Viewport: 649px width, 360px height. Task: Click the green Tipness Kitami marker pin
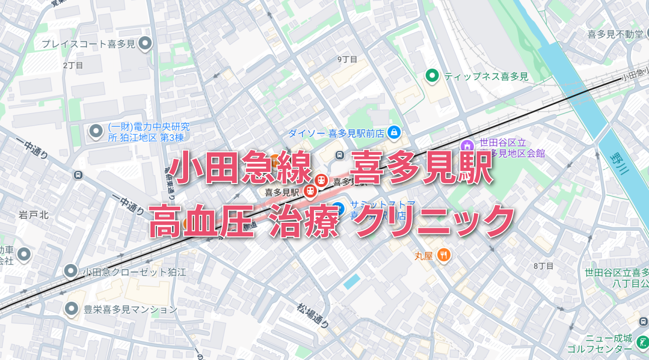point(431,76)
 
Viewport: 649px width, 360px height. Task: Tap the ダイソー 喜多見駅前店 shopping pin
point(394,133)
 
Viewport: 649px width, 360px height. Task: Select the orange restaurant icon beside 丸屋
point(443,255)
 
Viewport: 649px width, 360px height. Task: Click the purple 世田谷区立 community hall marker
point(467,146)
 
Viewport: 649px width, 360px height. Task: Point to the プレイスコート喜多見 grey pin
point(145,44)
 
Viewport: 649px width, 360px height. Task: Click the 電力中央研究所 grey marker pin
point(96,132)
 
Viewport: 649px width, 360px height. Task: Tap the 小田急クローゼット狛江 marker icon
point(71,272)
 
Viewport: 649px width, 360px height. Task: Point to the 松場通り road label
point(312,315)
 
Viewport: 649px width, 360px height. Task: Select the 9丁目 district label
point(347,59)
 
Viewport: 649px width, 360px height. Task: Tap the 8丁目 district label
point(543,265)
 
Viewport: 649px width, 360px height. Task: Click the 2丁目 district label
point(73,65)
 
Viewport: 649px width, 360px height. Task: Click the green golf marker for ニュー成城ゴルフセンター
point(642,343)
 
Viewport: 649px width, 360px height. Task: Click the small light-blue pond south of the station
point(352,282)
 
